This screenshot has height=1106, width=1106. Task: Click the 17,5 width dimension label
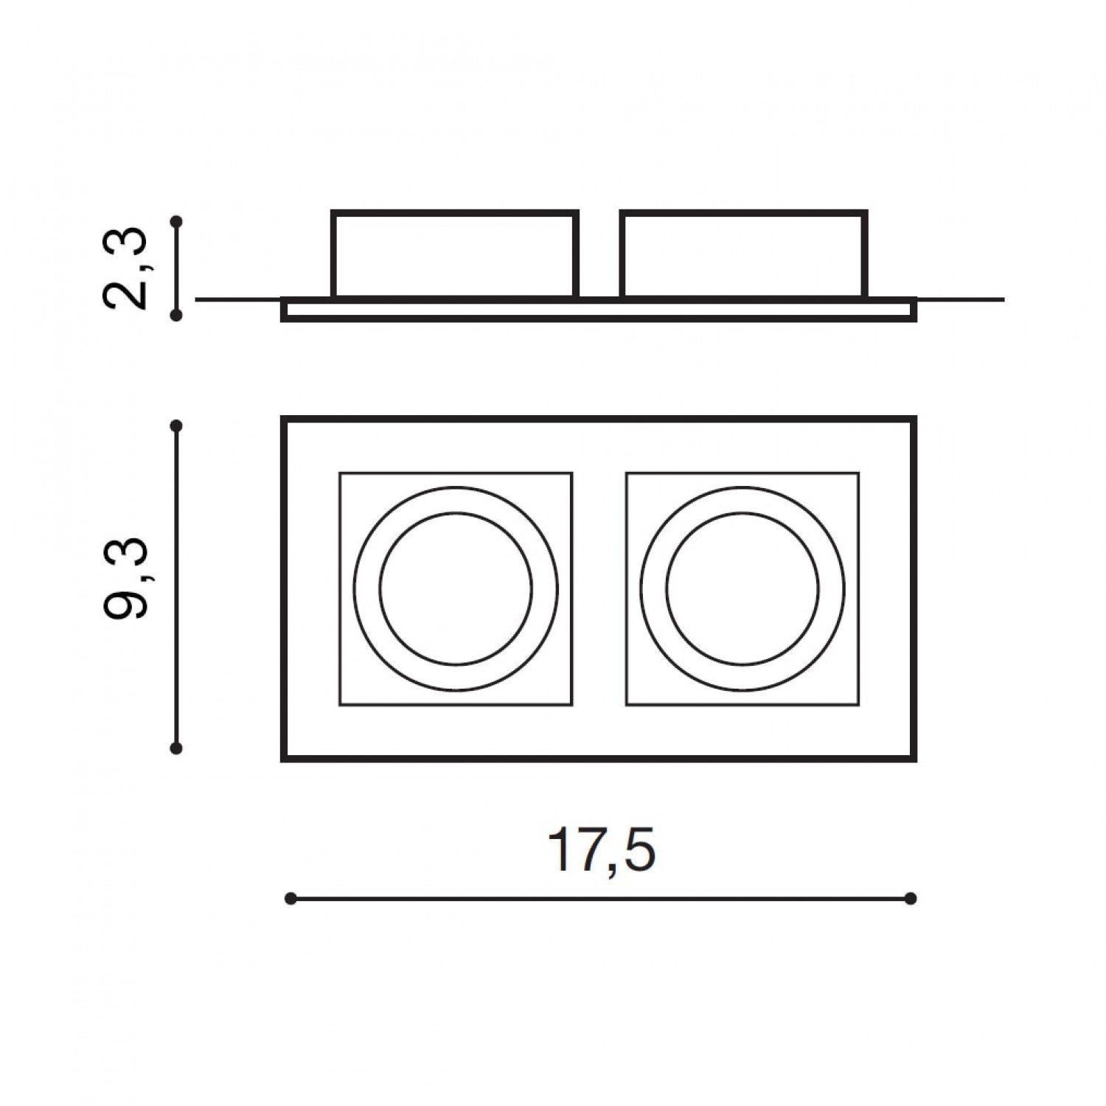coord(602,851)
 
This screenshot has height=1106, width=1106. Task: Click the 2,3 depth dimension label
coord(127,268)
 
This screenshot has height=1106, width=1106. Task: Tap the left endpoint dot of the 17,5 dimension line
coord(291,898)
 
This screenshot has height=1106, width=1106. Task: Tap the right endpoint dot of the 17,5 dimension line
coord(911,898)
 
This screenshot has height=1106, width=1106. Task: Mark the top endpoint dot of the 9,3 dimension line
coord(175,426)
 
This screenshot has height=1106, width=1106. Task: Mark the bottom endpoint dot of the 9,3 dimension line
coord(175,748)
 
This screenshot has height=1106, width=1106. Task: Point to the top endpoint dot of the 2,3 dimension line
coord(175,220)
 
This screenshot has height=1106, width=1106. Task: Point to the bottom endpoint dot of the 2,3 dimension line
coord(175,315)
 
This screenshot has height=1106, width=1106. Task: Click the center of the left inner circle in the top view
coord(456,588)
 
